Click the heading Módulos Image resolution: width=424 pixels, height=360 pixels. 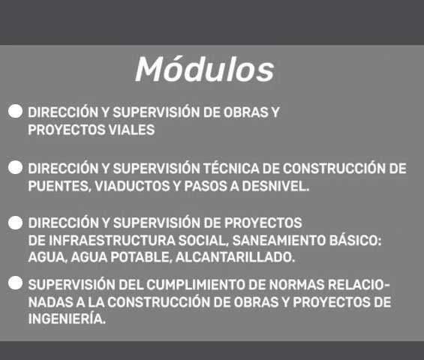tap(205, 69)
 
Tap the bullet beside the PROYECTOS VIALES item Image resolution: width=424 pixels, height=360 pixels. tap(16, 111)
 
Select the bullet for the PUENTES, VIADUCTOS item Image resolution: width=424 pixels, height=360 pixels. tap(16, 167)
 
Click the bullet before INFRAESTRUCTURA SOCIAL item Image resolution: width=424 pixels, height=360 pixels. tap(16, 223)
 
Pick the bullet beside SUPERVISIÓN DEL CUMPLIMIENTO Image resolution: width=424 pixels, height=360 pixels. tap(16, 283)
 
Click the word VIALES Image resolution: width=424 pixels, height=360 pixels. tap(131, 130)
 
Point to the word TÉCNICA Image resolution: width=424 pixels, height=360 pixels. tap(231, 169)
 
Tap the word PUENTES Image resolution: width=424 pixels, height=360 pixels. tap(59, 186)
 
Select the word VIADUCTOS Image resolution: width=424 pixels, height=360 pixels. tap(132, 186)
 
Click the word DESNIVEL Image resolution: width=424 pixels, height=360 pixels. tap(275, 186)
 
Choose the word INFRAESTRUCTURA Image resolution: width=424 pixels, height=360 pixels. tap(113, 240)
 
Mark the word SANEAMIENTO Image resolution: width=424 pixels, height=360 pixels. tap(279, 240)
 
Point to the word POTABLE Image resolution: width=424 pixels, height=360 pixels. tap(141, 257)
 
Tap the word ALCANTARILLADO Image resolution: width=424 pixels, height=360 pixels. tap(235, 257)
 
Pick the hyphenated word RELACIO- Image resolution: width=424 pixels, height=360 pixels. tap(359, 285)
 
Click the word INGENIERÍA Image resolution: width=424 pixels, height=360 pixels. tap(67, 318)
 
